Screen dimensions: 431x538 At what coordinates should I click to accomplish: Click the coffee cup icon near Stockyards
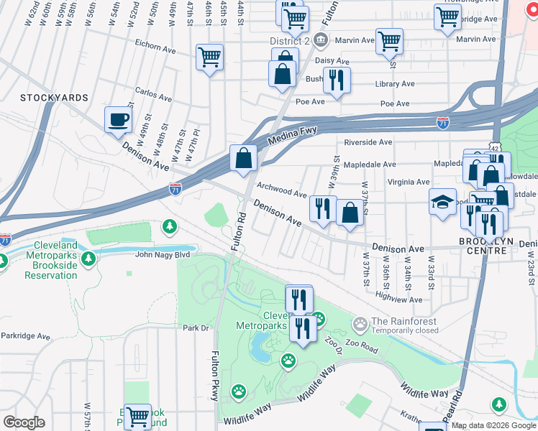pos(118,120)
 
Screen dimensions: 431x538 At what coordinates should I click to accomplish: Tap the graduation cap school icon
pos(442,202)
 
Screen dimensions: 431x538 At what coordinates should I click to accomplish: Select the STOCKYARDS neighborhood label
pos(54,98)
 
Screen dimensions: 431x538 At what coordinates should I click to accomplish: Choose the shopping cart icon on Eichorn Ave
pos(209,57)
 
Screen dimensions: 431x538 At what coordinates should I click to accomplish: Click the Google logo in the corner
pos(23,422)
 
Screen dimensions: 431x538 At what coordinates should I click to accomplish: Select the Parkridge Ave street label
pos(25,335)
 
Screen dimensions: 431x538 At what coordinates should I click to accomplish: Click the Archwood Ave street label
pos(282,188)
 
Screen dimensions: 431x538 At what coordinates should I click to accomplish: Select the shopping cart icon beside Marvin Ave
pos(388,42)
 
